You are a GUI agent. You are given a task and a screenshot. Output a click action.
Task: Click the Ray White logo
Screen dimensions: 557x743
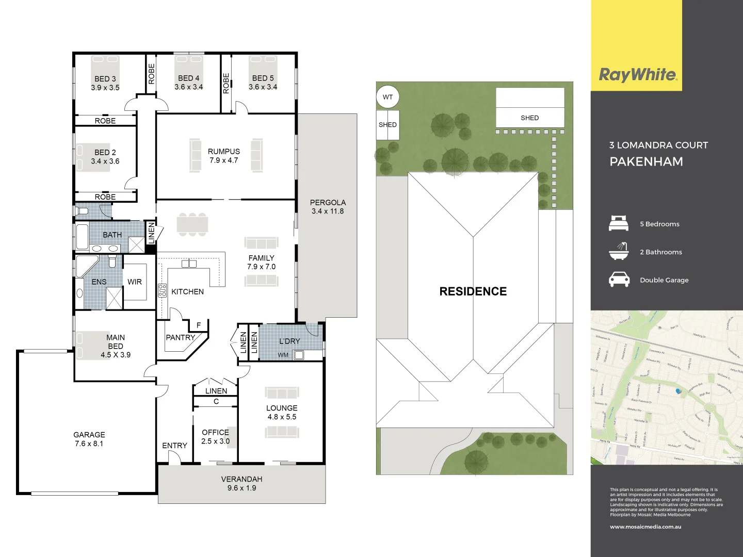tap(638, 75)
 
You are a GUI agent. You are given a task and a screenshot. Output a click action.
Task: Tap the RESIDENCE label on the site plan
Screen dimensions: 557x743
tap(473, 291)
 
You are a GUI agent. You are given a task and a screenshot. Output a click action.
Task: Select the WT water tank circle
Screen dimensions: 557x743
tap(387, 97)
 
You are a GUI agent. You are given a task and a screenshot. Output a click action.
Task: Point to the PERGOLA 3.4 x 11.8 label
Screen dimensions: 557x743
tap(328, 207)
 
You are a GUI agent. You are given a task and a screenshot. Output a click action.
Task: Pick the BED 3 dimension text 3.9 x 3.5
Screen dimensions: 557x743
tap(105, 88)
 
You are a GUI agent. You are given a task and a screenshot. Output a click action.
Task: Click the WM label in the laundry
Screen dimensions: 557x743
tap(283, 355)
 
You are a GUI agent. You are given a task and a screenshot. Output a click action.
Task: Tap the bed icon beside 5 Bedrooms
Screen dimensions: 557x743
tap(619, 224)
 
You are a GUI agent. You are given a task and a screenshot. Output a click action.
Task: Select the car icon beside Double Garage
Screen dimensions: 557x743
tap(619, 280)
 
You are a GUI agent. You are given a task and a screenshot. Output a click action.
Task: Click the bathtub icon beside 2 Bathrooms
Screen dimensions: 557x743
tap(619, 252)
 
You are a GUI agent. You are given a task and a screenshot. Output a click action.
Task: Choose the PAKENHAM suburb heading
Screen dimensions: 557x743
tap(646, 162)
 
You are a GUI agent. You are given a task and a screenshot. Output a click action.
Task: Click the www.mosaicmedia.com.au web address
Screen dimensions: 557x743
tap(645, 527)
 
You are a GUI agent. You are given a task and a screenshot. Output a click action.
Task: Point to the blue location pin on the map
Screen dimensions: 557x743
tap(679, 391)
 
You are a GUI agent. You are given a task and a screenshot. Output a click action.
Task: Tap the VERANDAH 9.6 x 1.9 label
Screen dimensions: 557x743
tap(241, 483)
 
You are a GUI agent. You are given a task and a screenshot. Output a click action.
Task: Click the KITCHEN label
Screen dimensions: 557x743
tap(187, 292)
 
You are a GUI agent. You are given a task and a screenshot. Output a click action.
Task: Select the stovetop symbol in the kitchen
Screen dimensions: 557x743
tap(162, 290)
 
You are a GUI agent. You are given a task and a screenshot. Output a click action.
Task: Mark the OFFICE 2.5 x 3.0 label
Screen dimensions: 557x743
tap(215, 437)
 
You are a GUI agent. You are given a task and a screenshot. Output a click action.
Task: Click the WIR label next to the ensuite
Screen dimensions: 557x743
tap(135, 282)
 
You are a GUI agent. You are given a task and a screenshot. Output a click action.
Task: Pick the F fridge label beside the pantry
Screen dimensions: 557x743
tap(199, 325)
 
